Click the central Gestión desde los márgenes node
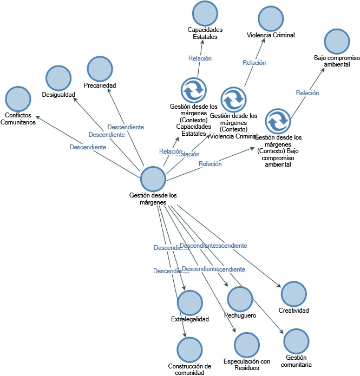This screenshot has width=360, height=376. point(153,179)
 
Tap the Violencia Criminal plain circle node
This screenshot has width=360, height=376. point(271,19)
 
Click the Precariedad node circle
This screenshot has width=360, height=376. point(100,69)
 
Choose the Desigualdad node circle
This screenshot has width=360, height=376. point(58,78)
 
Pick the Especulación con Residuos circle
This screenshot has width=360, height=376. point(246,345)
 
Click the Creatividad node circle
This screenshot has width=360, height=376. point(293,294)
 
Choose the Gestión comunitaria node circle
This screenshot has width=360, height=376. point(297,341)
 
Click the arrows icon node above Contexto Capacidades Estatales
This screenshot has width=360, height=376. point(193,90)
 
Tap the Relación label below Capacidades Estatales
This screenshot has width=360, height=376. point(200,58)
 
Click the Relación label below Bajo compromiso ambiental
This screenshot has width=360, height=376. point(307,93)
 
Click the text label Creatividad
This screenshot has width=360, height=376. point(293,311)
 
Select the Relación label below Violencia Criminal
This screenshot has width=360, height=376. point(254,63)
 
